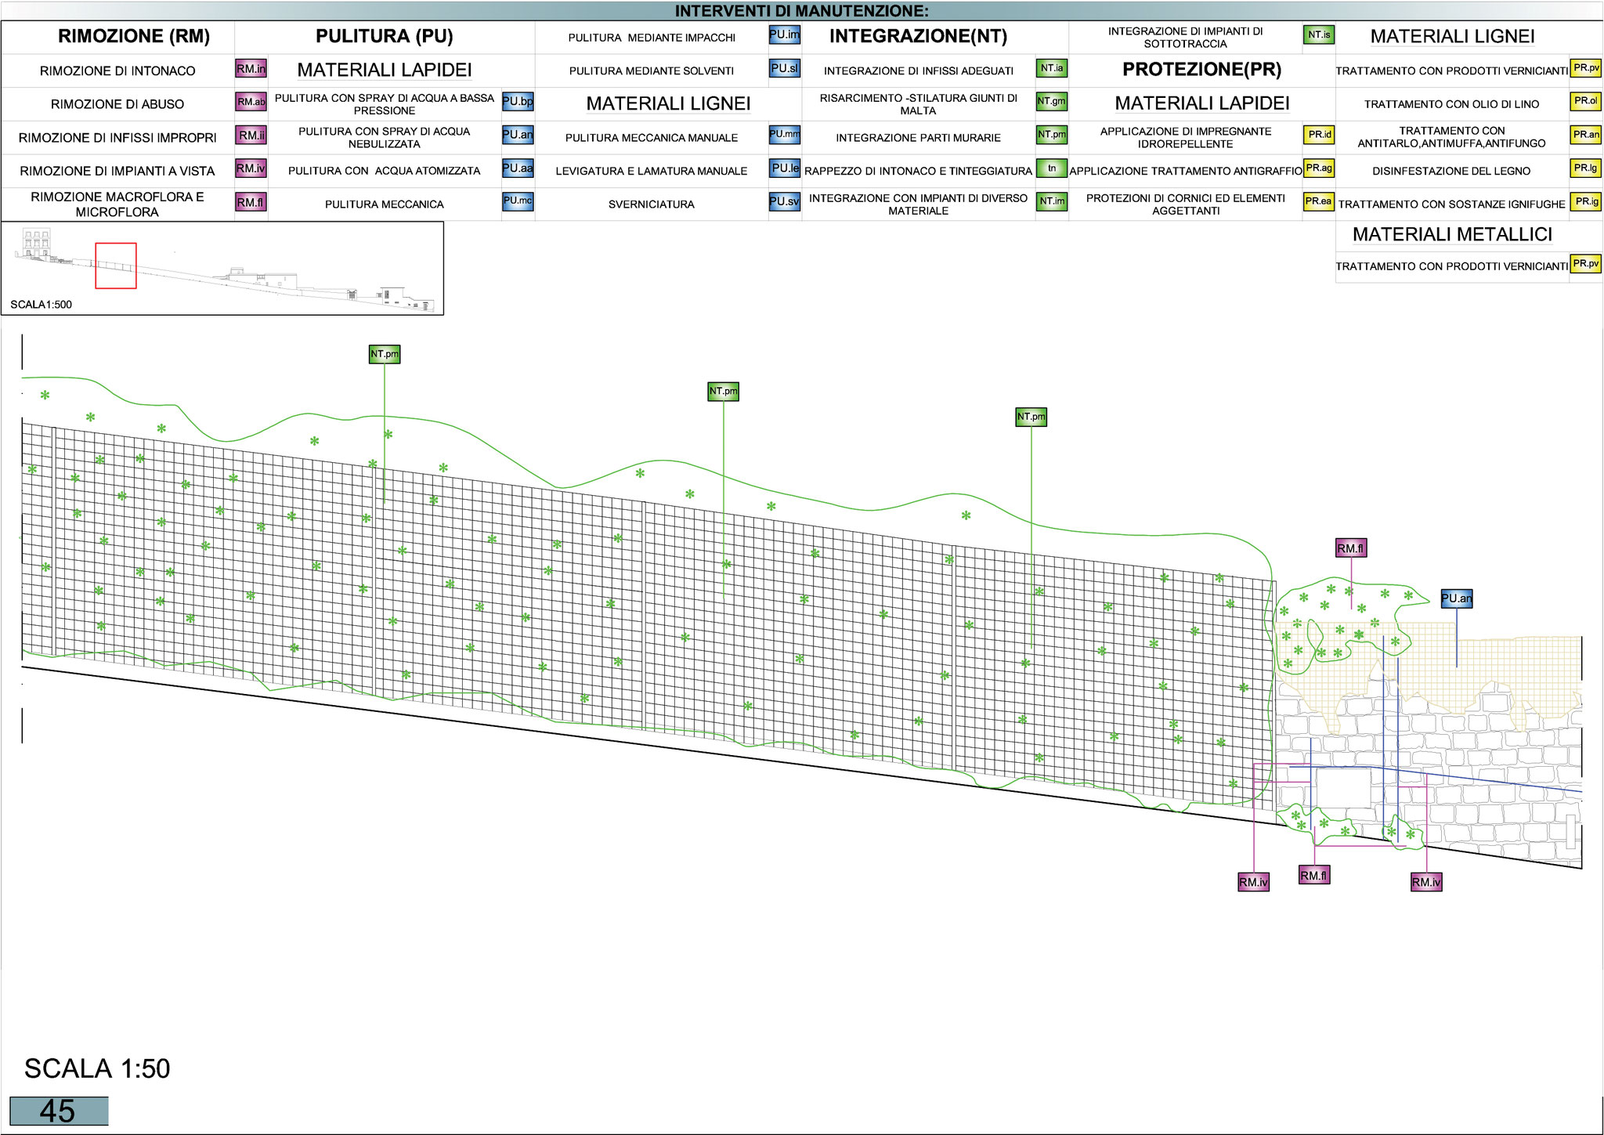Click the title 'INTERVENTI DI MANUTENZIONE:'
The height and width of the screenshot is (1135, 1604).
pyautogui.click(x=801, y=11)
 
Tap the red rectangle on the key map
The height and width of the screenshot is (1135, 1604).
pyautogui.click(x=116, y=266)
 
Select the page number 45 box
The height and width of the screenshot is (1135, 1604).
pyautogui.click(x=59, y=1111)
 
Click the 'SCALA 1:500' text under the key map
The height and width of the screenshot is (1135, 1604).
pyautogui.click(x=41, y=305)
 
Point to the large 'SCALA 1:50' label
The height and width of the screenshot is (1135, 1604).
pyautogui.click(x=97, y=1068)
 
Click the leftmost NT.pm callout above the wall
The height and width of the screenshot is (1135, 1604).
pyautogui.click(x=385, y=354)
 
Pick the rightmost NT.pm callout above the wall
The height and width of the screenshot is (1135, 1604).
pyautogui.click(x=1031, y=417)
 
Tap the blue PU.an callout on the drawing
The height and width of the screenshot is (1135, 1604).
pyautogui.click(x=1456, y=598)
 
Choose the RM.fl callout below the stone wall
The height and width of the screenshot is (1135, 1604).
pyautogui.click(x=1313, y=876)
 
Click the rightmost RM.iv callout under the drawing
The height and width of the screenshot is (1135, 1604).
pyautogui.click(x=1425, y=882)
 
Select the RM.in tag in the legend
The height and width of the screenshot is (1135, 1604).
pyautogui.click(x=251, y=69)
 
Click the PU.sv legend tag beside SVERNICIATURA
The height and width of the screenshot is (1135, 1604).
pyautogui.click(x=784, y=201)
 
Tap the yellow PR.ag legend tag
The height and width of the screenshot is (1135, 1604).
pyautogui.click(x=1319, y=168)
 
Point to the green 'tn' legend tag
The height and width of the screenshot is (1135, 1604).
pyautogui.click(x=1052, y=168)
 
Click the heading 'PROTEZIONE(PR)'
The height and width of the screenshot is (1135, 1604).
pyautogui.click(x=1201, y=69)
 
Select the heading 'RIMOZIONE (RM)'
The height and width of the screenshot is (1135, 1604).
pyautogui.click(x=134, y=36)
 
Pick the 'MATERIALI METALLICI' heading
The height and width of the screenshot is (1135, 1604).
pyautogui.click(x=1452, y=234)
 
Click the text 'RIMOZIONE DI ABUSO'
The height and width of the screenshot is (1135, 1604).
pyautogui.click(x=117, y=104)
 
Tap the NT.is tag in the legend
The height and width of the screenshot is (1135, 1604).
pyautogui.click(x=1319, y=35)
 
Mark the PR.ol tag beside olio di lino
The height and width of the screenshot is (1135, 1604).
pyautogui.click(x=1586, y=101)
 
